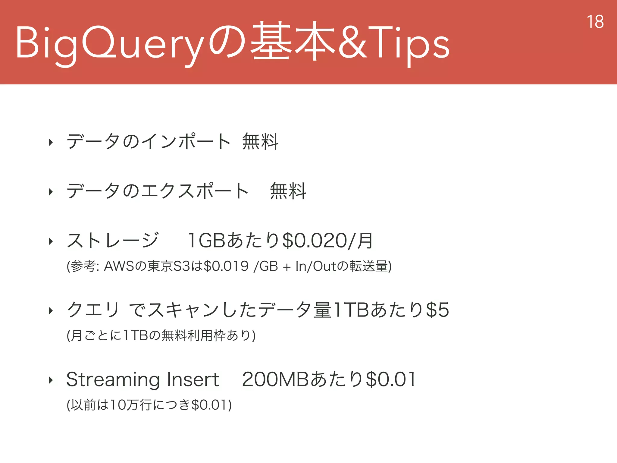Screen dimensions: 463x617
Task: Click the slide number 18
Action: pos(595,22)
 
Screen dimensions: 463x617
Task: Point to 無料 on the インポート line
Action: pos(260,141)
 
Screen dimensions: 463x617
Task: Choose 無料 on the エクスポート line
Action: pos(288,191)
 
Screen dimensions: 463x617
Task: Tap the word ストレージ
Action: pos(112,241)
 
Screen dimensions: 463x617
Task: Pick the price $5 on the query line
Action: pos(438,310)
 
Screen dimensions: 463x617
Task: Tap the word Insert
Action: pos(193,380)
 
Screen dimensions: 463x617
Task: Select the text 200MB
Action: pos(275,380)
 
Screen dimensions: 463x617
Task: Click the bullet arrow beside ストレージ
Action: pos(51,241)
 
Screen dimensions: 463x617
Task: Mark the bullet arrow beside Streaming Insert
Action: pos(51,380)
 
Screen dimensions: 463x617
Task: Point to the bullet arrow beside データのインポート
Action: pos(51,142)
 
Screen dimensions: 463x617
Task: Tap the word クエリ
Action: pos(93,310)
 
